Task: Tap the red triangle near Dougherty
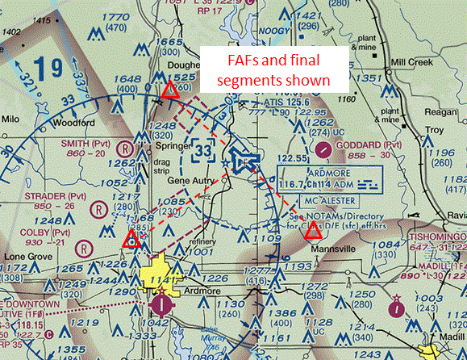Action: tap(169, 91)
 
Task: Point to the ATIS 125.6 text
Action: tap(287, 103)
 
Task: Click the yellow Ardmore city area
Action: tap(162, 274)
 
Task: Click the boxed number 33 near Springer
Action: tap(202, 149)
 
